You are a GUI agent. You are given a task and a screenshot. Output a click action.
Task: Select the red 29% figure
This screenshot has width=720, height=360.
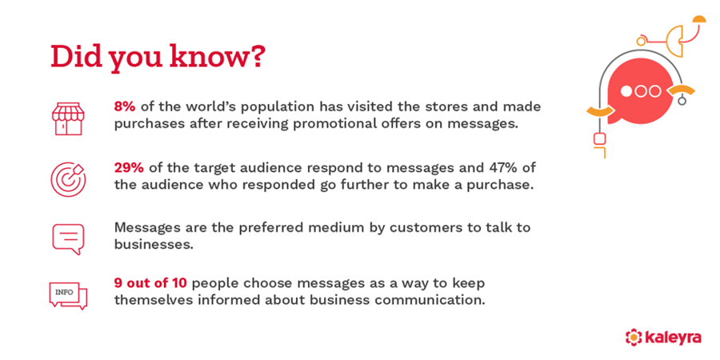[x=130, y=168]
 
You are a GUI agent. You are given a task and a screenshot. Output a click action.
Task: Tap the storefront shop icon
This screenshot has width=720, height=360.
[x=68, y=116]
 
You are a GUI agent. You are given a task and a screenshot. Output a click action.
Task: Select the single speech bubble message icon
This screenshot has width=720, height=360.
[x=68, y=238]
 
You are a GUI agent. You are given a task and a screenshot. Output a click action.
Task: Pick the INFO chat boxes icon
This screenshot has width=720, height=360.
[x=68, y=295]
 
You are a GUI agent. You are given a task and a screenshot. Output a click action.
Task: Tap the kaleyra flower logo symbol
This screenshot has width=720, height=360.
[x=634, y=337]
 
